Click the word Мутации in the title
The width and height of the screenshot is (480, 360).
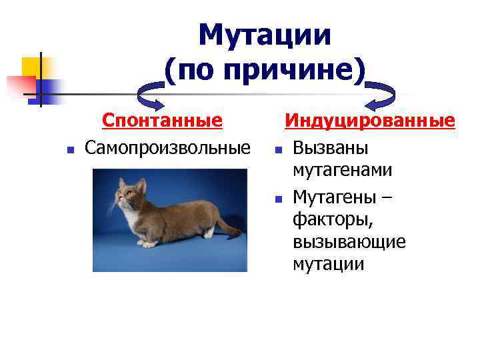(265, 35)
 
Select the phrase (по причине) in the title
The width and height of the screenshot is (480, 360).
(265, 70)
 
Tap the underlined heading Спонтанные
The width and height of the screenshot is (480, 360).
(161, 121)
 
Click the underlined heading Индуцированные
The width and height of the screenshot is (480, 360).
(370, 121)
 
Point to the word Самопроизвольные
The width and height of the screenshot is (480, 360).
(167, 146)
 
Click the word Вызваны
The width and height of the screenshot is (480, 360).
(331, 146)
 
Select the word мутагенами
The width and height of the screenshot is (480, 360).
(342, 170)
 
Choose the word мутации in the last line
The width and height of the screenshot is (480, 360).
(328, 264)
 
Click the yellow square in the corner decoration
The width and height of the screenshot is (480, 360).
(31, 67)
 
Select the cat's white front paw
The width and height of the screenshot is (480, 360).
(149, 244)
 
